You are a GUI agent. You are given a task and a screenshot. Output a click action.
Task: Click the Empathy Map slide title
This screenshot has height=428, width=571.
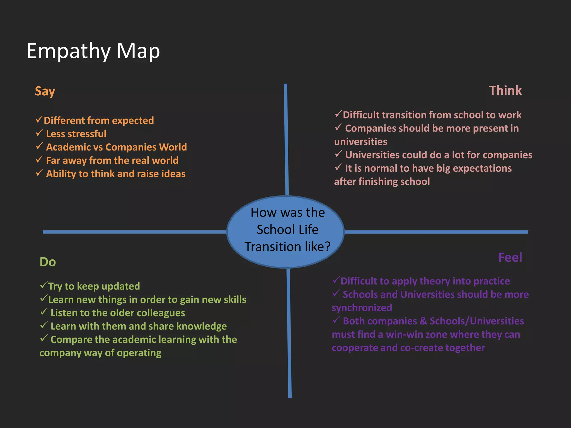93,51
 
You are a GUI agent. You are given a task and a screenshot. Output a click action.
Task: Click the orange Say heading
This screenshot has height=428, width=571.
45,91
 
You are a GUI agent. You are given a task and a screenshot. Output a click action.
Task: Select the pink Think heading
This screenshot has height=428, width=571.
505,91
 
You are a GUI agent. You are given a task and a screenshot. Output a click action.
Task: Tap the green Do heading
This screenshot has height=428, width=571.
48,262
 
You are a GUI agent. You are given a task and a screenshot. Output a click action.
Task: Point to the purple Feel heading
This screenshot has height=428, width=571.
510,257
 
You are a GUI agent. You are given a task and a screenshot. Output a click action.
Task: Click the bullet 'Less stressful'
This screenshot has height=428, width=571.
76,134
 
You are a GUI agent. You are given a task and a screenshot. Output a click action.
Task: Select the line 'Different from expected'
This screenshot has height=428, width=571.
99,120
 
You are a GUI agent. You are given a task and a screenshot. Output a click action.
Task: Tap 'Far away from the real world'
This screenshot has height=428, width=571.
112,160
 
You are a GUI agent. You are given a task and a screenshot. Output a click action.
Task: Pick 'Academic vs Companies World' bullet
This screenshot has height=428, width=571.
116,147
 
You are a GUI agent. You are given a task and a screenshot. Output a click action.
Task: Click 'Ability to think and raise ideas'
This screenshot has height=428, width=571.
116,174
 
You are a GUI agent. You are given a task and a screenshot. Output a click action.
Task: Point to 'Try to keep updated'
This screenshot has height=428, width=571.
94,286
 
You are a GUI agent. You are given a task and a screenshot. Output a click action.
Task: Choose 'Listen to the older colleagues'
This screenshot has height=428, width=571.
118,313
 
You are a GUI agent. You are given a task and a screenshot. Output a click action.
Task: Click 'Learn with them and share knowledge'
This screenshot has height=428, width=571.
139,326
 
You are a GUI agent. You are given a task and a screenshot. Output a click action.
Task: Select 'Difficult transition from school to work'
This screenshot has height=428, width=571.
432,115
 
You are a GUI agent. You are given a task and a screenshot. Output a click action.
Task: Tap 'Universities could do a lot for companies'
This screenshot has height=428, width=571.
439,155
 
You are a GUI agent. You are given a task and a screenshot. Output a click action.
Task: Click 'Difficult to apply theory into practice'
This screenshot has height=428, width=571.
425,281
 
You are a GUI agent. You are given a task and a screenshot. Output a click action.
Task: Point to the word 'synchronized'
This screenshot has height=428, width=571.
362,308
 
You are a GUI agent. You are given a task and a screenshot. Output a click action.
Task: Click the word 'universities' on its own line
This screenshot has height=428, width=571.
360,142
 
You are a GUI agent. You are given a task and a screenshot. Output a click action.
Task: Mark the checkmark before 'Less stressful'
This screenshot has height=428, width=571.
39,133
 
